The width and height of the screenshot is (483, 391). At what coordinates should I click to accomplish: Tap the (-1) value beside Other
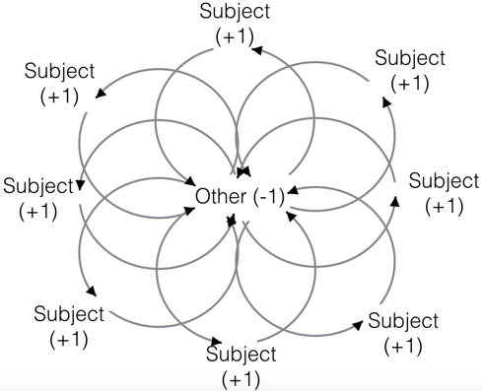pyautogui.click(x=267, y=196)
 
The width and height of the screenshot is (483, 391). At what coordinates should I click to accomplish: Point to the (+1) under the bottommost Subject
pyautogui.click(x=242, y=378)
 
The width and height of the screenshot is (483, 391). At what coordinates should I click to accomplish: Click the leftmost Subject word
pyautogui.click(x=38, y=185)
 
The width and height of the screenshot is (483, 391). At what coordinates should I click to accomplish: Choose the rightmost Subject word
pyautogui.click(x=444, y=181)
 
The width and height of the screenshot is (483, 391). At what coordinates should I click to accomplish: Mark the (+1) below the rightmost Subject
pyautogui.click(x=444, y=206)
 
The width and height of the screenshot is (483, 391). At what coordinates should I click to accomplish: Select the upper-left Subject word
pyautogui.click(x=60, y=72)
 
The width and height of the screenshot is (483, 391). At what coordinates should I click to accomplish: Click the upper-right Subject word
pyautogui.click(x=411, y=58)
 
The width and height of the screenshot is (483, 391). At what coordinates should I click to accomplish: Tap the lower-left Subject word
pyautogui.click(x=68, y=315)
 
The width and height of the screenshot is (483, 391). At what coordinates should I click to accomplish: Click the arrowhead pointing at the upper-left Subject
pyautogui.click(x=100, y=95)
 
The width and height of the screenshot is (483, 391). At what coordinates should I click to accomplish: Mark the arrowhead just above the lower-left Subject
pyautogui.click(x=93, y=292)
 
